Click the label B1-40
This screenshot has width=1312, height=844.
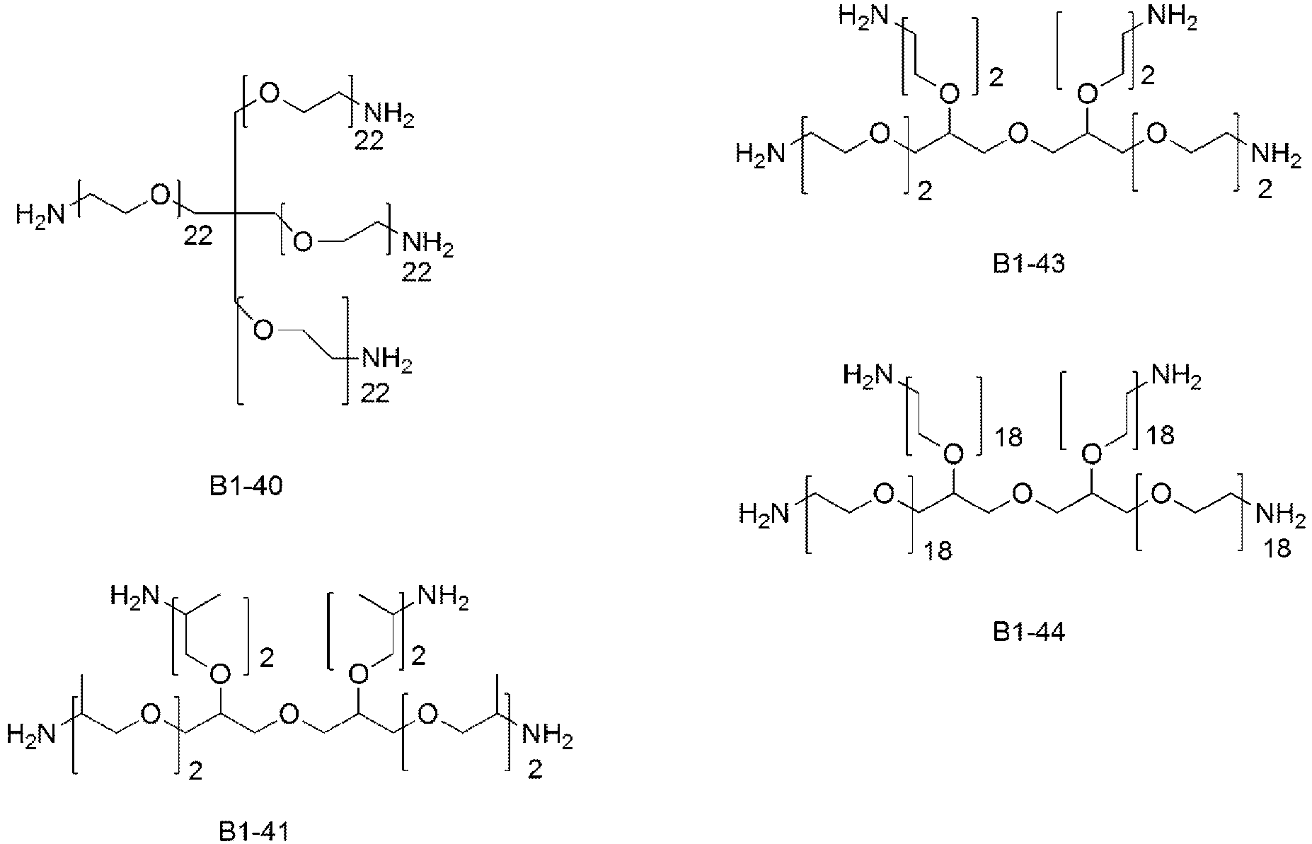(246, 487)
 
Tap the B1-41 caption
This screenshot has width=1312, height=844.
(254, 832)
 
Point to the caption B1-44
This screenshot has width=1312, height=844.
(1028, 631)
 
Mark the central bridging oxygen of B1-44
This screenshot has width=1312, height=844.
(1022, 493)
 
